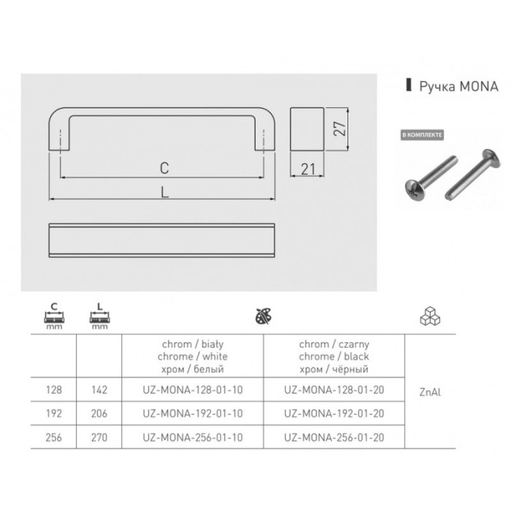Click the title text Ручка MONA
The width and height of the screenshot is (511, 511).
tap(458, 86)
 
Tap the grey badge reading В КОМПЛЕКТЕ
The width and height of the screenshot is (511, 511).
tap(422, 135)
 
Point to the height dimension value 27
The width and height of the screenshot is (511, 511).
tap(339, 128)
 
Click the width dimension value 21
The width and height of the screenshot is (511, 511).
tap(308, 169)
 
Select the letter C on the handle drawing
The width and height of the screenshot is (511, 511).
tap(164, 168)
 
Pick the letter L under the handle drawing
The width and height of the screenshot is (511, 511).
tap(164, 192)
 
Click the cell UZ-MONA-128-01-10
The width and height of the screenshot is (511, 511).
tap(193, 390)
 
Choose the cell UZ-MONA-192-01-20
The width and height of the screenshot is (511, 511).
tap(334, 414)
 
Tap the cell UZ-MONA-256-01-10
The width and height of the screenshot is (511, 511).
tap(193, 437)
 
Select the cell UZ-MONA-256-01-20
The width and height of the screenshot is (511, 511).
tap(334, 437)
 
